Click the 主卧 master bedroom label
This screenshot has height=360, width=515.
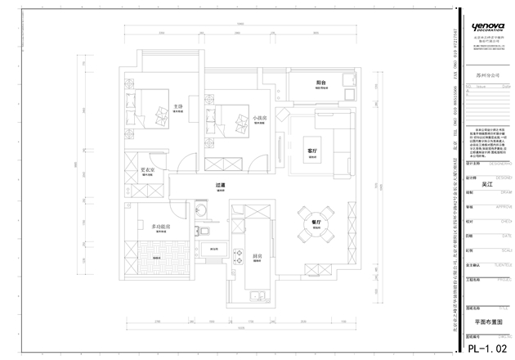click(x=177, y=106)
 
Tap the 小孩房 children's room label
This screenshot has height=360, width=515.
click(x=259, y=118)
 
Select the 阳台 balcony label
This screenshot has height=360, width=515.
click(x=321, y=83)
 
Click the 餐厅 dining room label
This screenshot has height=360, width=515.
click(x=313, y=222)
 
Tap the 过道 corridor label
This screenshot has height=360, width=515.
click(x=219, y=186)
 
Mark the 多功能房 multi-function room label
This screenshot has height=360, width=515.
click(x=159, y=227)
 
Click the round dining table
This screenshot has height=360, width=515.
click(x=313, y=236)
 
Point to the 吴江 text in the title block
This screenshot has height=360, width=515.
click(x=489, y=185)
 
